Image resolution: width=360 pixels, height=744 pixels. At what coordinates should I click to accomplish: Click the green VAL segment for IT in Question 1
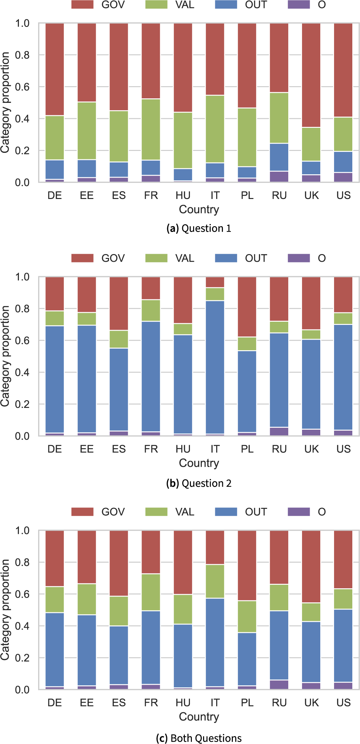[215, 129]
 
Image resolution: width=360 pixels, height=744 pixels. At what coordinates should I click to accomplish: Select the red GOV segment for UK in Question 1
[311, 75]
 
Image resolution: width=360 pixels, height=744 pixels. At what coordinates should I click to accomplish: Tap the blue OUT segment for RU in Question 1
[279, 157]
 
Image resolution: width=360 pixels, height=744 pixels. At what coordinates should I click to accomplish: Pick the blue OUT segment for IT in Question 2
[215, 367]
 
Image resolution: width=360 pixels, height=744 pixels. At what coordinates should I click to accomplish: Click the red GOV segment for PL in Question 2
[247, 307]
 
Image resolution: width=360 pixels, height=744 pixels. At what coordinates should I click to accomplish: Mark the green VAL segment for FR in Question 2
[151, 310]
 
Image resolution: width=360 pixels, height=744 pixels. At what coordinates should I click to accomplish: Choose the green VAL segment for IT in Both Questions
[215, 581]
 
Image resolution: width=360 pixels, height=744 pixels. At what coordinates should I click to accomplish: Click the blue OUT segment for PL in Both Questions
[247, 659]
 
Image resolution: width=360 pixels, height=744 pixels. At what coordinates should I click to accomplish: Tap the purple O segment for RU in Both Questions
[279, 684]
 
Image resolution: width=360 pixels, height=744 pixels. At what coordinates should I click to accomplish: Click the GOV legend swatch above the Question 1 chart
[82, 4]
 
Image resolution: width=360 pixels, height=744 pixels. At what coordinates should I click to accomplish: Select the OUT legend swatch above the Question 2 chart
[226, 258]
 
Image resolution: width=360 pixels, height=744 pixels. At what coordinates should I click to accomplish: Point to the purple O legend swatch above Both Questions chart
[299, 512]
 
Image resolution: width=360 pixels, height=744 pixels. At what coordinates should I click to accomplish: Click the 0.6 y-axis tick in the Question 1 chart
[22, 87]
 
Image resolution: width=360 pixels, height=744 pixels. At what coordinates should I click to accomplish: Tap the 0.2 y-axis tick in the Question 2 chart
[22, 404]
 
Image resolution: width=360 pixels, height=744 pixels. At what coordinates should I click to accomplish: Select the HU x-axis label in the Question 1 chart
[183, 195]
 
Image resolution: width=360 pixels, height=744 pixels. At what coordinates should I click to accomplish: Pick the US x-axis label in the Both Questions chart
[343, 702]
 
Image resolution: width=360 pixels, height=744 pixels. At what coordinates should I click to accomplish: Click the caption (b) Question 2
[199, 483]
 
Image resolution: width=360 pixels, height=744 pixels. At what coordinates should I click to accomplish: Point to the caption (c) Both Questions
[199, 738]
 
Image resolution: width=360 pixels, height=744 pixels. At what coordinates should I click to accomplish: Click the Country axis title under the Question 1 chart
[199, 209]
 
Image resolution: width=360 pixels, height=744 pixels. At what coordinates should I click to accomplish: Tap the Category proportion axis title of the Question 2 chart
[5, 356]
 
